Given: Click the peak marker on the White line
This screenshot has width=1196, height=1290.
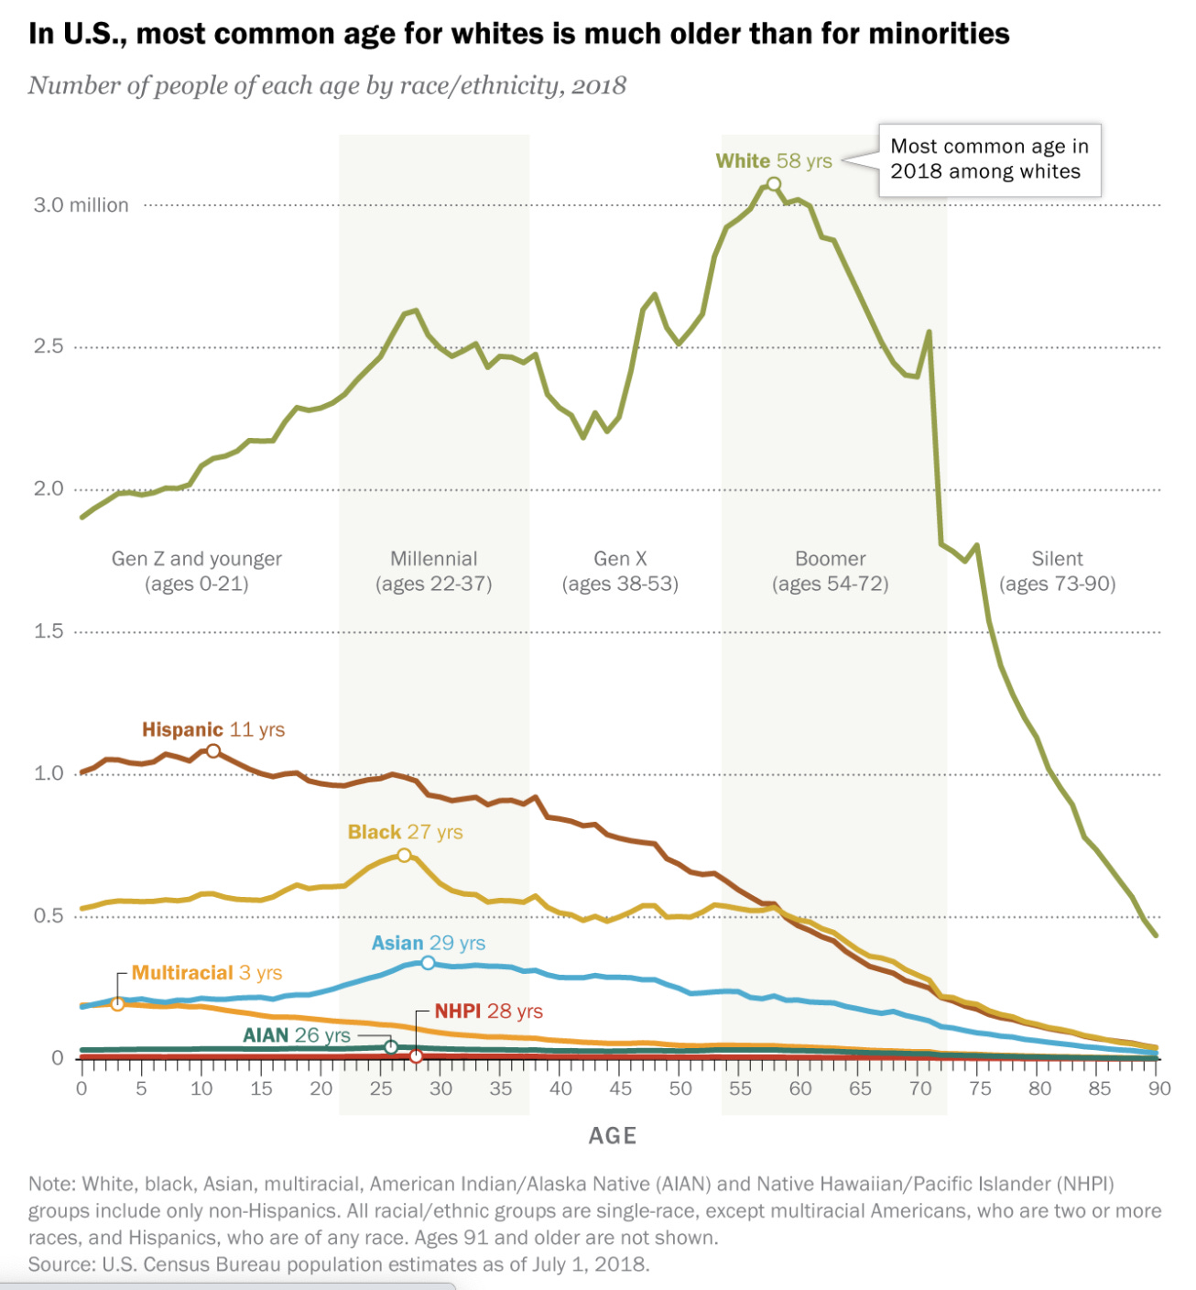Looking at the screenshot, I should pyautogui.click(x=774, y=184).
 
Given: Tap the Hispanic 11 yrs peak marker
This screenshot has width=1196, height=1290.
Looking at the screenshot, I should pyautogui.click(x=213, y=751).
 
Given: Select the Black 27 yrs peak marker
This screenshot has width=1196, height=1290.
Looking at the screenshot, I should pyautogui.click(x=404, y=855).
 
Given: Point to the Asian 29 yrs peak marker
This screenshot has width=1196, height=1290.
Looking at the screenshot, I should pyautogui.click(x=428, y=963).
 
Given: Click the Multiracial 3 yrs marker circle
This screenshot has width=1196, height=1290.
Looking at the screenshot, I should pyautogui.click(x=117, y=1004).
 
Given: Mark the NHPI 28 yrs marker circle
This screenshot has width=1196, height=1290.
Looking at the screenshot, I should pyautogui.click(x=416, y=1056).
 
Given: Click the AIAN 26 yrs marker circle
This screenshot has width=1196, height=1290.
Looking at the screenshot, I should pyautogui.click(x=391, y=1047).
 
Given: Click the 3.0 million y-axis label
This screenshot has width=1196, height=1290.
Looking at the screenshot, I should pyautogui.click(x=82, y=205).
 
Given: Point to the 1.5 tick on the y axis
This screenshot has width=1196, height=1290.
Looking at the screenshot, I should pyautogui.click(x=49, y=631).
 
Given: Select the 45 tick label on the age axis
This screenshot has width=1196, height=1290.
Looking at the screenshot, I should pyautogui.click(x=620, y=1088).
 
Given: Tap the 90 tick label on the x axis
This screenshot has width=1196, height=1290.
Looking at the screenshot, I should pyautogui.click(x=1159, y=1088).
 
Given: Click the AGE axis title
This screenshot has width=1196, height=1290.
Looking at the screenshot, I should pyautogui.click(x=612, y=1136).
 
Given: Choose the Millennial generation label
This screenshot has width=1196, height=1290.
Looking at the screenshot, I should pyautogui.click(x=433, y=559).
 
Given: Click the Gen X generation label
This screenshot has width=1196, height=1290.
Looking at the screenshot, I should pyautogui.click(x=620, y=559).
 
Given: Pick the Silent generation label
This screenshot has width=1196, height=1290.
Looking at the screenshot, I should pyautogui.click(x=1057, y=559).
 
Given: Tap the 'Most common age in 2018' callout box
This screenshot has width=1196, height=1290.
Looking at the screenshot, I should pyautogui.click(x=989, y=159).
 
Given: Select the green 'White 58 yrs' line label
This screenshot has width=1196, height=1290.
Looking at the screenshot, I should pyautogui.click(x=773, y=161).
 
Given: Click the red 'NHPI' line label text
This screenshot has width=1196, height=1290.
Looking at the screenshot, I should pyautogui.click(x=457, y=1011).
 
